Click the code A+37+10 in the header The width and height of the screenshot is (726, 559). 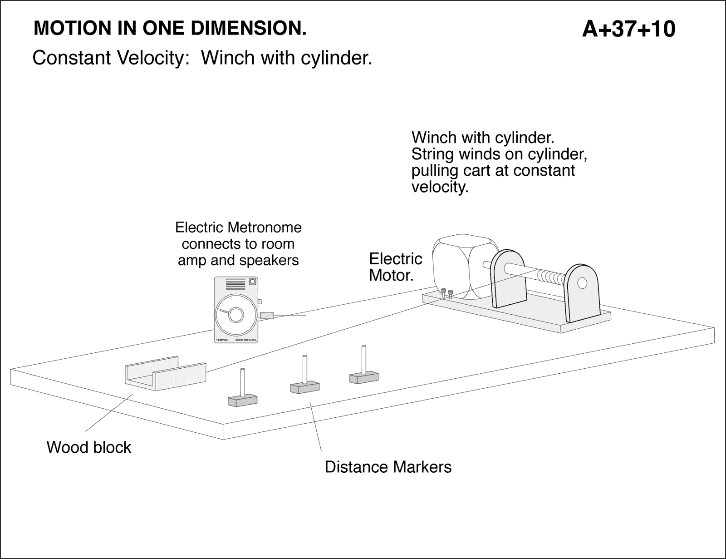[628, 29]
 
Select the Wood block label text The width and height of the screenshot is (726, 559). [89, 447]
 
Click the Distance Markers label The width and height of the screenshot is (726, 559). [388, 467]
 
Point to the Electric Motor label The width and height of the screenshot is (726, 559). [395, 267]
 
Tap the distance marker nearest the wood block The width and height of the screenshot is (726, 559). [242, 391]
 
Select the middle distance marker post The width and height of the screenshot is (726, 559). [304, 377]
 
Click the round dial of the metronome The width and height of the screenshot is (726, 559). [235, 315]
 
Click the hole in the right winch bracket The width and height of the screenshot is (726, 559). [581, 284]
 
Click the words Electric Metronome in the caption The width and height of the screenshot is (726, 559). [238, 227]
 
